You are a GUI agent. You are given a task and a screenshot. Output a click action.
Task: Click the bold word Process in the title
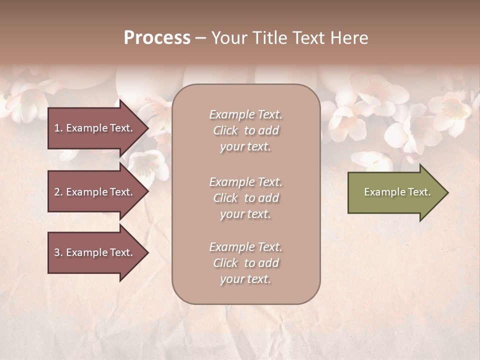pos(157,38)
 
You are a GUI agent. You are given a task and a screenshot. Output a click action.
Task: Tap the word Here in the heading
pos(350,38)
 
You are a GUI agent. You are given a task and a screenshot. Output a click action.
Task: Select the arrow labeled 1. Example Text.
pos(95,128)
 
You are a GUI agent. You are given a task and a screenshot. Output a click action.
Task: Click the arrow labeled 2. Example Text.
pos(95,192)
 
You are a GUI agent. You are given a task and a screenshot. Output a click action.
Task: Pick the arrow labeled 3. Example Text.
pos(95,252)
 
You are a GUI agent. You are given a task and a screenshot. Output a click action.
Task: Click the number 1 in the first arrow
pos(57,128)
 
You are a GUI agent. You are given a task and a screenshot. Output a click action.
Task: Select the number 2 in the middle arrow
pos(57,192)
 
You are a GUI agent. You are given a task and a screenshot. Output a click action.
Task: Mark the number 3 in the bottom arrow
pos(57,252)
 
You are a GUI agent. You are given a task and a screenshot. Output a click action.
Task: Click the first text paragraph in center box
pos(245,130)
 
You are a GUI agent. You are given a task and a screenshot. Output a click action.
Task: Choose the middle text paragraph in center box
pos(245,198)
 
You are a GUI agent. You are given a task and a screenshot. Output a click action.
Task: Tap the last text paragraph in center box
pos(245,263)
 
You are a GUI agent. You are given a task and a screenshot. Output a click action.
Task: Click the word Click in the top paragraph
pos(225,130)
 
